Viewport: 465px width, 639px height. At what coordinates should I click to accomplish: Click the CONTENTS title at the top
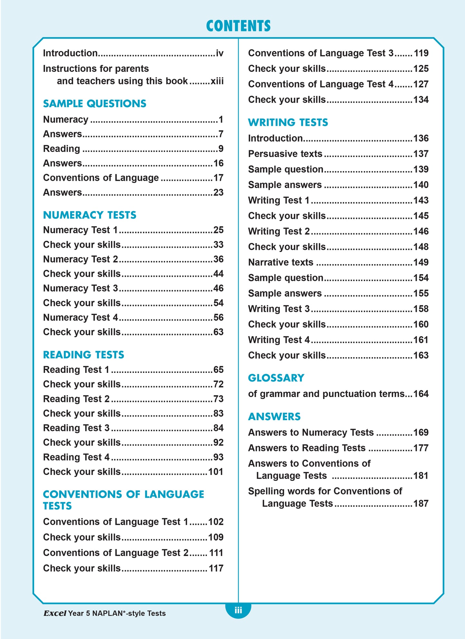[238, 26]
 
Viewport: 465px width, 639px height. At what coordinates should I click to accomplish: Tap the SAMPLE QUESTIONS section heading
[95, 104]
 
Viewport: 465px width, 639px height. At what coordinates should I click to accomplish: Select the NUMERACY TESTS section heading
[90, 215]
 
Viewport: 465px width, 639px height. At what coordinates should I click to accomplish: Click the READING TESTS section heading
[84, 355]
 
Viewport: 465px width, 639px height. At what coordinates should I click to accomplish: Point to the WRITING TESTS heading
[288, 122]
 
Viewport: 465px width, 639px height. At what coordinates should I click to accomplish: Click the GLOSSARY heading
[276, 378]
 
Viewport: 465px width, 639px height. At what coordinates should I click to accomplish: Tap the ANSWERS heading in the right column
[274, 416]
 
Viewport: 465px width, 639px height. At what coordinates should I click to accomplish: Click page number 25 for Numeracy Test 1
[218, 230]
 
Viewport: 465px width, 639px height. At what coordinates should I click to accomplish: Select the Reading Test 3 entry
[77, 428]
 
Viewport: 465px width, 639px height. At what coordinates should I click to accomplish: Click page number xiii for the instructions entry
[217, 81]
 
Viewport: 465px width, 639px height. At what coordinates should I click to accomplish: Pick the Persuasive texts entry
[285, 154]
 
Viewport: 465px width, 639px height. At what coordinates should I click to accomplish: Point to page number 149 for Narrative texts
[421, 262]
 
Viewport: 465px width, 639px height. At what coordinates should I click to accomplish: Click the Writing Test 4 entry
[279, 340]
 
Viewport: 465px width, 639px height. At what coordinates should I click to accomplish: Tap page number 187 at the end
[421, 504]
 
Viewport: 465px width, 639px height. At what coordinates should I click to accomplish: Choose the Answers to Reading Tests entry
[307, 448]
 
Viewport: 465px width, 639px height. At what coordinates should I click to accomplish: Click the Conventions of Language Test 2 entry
[116, 553]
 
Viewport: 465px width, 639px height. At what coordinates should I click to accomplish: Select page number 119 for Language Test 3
[421, 53]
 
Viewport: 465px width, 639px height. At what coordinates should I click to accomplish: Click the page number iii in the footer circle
[238, 610]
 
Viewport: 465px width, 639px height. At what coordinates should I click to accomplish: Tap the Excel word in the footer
[55, 614]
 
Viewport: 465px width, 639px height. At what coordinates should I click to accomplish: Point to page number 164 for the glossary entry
[421, 394]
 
